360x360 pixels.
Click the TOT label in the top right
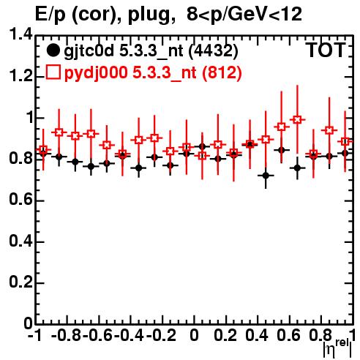point(326,50)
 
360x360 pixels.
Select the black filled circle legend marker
point(53,50)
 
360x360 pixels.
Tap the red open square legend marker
point(53,72)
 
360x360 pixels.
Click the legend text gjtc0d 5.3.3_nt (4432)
point(151,51)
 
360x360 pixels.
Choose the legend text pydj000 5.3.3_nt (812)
point(153,72)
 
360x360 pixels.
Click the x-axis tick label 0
point(194,336)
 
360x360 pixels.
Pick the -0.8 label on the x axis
point(67,336)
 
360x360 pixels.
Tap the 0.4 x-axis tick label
point(257,336)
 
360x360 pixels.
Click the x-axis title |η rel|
point(337,348)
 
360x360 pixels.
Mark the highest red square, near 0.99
point(297,120)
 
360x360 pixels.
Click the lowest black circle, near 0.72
point(266,176)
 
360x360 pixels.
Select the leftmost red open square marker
point(43,149)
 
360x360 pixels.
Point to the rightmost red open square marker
point(345,141)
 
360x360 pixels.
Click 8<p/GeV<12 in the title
point(244,14)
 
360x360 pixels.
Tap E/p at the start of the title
point(50,15)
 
